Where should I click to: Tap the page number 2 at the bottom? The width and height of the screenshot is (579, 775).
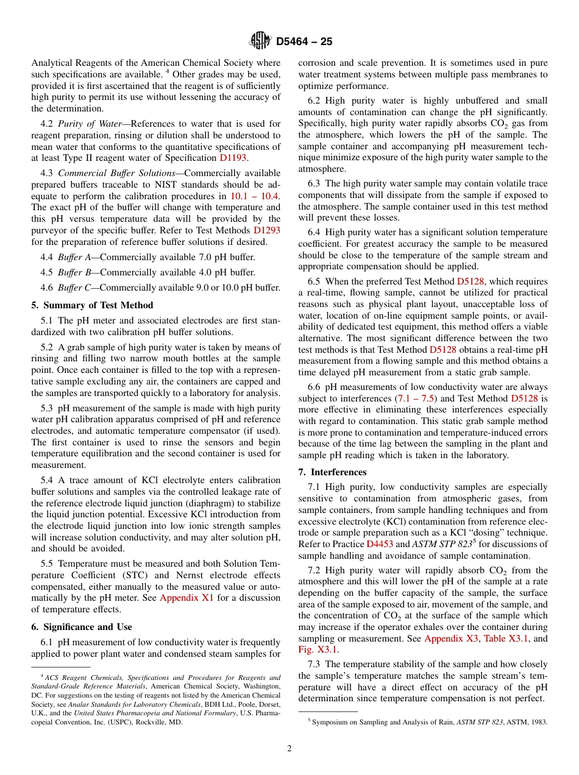point(289,749)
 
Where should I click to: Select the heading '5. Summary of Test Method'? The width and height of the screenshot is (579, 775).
point(92,305)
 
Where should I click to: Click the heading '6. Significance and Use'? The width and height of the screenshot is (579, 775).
point(81,627)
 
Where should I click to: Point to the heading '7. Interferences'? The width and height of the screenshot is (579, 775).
point(332,472)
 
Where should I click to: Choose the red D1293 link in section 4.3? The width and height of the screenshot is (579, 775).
point(267,230)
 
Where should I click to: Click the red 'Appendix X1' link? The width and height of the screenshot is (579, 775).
point(186,598)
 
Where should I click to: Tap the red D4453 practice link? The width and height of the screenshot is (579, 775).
point(380,544)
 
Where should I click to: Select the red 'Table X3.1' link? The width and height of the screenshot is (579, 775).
point(505,639)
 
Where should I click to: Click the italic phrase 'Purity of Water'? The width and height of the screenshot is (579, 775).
point(90,124)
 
